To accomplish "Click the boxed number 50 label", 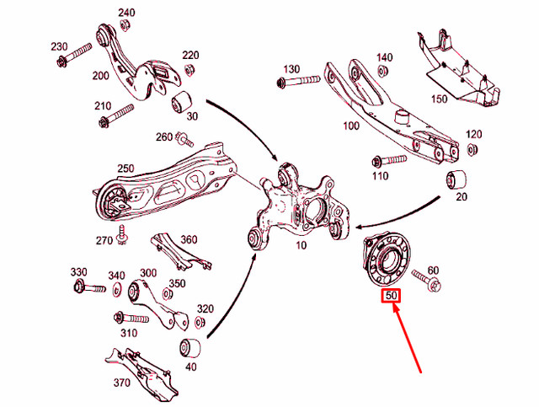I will click(x=392, y=296).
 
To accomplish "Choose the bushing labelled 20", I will click(x=461, y=179).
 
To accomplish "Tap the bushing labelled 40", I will click(x=190, y=348).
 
